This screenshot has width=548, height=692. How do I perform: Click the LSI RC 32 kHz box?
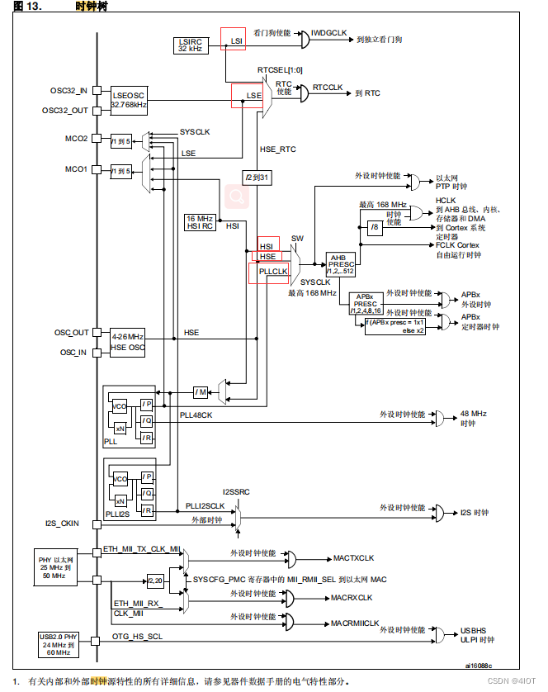pos(191,45)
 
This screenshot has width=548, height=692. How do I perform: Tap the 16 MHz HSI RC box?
pos(201,222)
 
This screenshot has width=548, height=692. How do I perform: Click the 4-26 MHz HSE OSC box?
pos(127,343)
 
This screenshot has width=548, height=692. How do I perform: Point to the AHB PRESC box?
pos(340,263)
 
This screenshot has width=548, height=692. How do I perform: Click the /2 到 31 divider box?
pos(257,178)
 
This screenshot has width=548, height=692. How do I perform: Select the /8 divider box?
pos(376,227)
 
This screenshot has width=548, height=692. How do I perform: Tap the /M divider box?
pos(201,391)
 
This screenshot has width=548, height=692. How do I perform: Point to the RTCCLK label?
pos(327,88)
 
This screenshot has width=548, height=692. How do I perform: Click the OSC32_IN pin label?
pos(70,90)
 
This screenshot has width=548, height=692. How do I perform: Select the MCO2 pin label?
pos(76,138)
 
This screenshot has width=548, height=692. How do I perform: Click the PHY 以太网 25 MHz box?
pos(56,565)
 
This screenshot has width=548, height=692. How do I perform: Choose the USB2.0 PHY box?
pos(59,643)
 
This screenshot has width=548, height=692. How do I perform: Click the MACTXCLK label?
pos(353,558)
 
